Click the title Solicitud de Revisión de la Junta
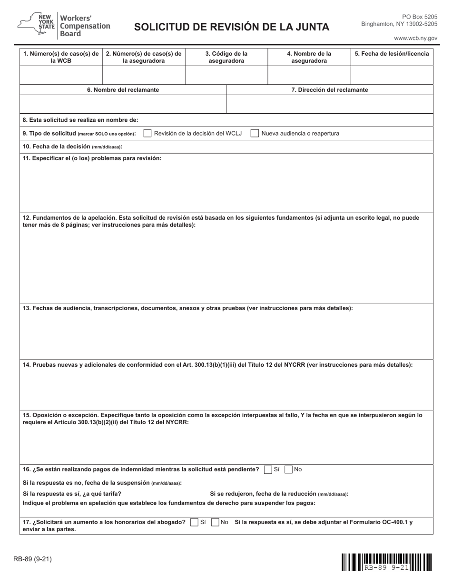(x=231, y=27)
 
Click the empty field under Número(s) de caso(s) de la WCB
(x=61, y=75)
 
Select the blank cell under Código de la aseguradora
(x=226, y=75)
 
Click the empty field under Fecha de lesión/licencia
(x=392, y=75)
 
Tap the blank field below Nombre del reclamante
(x=123, y=104)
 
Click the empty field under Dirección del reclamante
(x=330, y=104)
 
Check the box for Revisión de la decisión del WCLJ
(x=147, y=134)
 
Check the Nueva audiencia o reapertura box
(x=255, y=134)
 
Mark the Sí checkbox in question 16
(x=268, y=469)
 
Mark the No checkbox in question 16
(x=288, y=469)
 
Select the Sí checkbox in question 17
(x=194, y=522)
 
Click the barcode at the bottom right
(x=387, y=562)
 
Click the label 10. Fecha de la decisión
(x=72, y=146)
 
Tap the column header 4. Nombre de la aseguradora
(x=309, y=57)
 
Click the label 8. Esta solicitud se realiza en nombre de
(x=81, y=120)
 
